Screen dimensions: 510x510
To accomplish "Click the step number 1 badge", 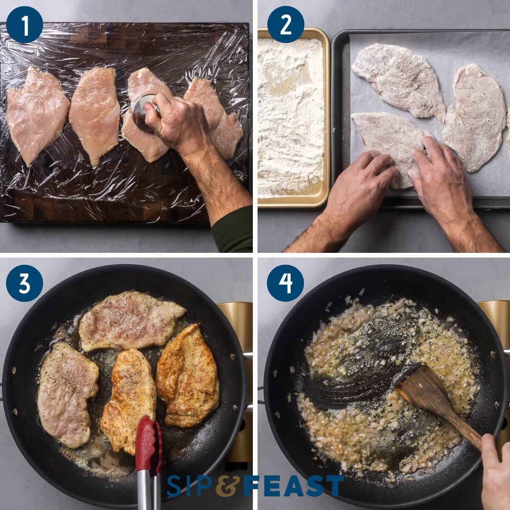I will point(25,24).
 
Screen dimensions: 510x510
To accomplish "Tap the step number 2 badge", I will point(286,24).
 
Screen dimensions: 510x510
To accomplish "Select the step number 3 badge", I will point(25,283).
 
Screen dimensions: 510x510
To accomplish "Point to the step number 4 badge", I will point(286,283).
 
